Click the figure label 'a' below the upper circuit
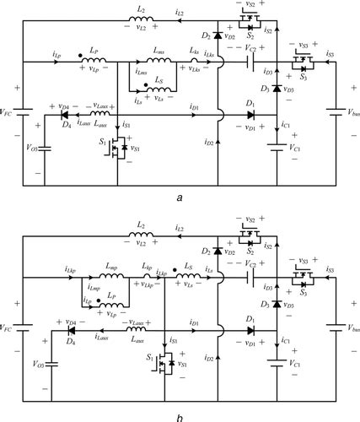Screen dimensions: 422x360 tap(180, 197)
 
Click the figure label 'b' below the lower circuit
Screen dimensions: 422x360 tap(180, 414)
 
